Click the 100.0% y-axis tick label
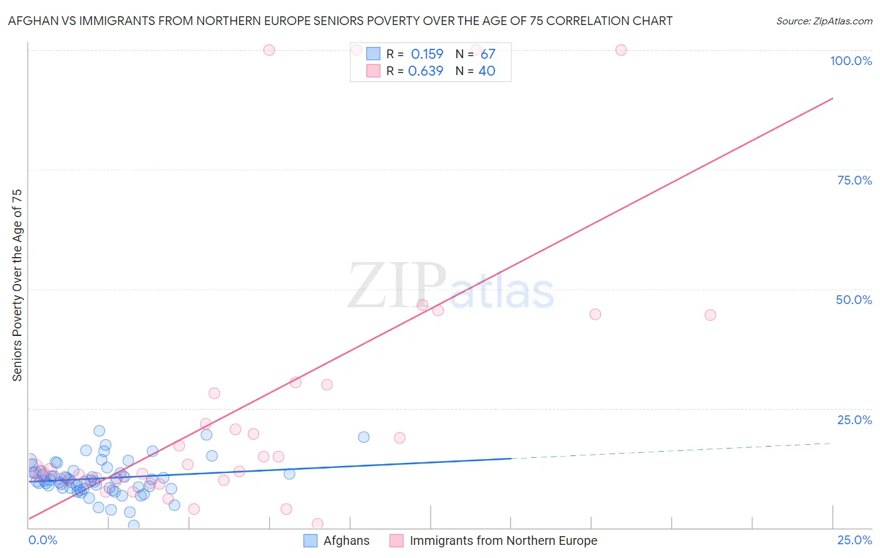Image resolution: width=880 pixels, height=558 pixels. tap(851, 61)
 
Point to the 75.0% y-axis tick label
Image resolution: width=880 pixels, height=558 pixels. tap(854, 180)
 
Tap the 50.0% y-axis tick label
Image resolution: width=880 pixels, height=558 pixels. tap(854, 300)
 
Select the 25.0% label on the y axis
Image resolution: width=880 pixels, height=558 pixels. tap(854, 420)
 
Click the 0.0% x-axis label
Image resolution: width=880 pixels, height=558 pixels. tap(43, 540)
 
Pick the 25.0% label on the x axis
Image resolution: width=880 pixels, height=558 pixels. tap(854, 540)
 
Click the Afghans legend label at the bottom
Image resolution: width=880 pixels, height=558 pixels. tap(346, 540)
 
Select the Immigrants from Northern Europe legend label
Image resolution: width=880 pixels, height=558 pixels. tap(503, 540)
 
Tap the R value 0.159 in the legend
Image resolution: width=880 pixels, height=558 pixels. tap(427, 54)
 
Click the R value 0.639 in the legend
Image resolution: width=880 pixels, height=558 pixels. tap(426, 71)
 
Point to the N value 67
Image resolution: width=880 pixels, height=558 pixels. tap(488, 54)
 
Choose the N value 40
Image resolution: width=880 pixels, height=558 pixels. tap(486, 71)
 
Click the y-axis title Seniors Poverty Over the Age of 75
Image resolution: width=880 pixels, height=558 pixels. tap(17, 285)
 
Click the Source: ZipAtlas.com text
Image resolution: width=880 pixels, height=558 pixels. tap(824, 21)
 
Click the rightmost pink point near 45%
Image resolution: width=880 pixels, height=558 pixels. tap(710, 315)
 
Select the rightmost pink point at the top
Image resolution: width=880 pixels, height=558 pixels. tap(621, 50)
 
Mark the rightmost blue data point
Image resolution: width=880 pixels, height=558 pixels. tap(364, 437)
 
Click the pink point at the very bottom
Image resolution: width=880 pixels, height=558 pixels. tap(317, 524)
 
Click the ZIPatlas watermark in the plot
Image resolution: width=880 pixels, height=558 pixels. tap(451, 287)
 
